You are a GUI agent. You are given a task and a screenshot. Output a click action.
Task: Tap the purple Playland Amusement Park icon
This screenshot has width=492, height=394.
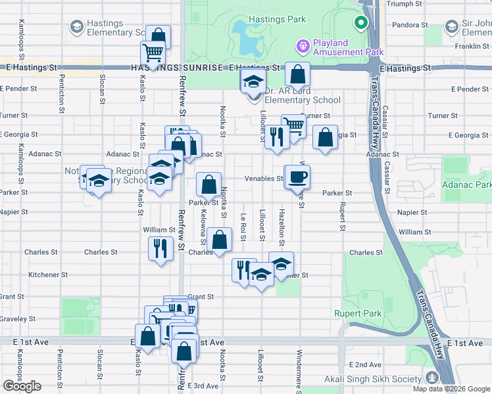303,46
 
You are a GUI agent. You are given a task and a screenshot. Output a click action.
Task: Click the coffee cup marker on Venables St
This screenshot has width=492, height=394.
297,176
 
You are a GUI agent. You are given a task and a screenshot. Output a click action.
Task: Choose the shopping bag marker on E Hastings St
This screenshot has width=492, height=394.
297,74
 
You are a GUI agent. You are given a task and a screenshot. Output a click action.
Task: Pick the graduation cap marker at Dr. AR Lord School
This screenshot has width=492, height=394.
251,83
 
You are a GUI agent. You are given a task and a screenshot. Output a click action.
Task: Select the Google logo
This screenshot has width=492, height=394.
22,386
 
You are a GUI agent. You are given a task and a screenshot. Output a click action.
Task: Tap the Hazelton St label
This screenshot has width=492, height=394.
282,223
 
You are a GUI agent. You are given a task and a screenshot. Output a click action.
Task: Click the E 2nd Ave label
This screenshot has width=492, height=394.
365,364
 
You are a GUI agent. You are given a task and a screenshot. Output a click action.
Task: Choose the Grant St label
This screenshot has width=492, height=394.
201,297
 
